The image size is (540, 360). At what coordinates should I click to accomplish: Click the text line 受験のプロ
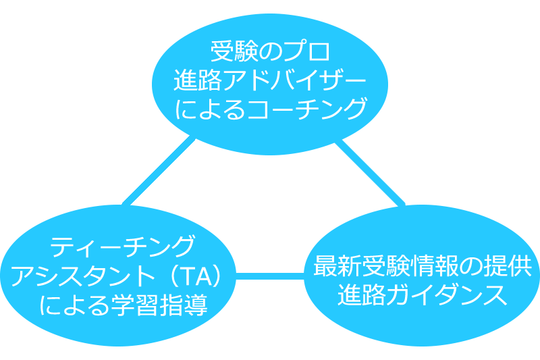coord(271,51)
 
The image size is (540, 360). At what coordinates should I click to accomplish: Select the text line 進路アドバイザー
coord(269,80)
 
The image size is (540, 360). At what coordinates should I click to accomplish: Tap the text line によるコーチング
coord(271,109)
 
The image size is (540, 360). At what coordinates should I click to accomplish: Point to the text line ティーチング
coord(123,247)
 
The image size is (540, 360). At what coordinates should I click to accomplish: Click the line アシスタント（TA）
coord(116,276)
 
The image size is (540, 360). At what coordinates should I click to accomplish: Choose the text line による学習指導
coord(124,305)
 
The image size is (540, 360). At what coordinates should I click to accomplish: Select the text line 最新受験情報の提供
coord(423,266)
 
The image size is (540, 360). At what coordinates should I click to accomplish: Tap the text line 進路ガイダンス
coord(423,294)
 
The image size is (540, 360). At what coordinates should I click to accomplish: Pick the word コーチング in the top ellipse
coord(306,109)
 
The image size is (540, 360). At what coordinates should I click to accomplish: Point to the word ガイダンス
coord(447,294)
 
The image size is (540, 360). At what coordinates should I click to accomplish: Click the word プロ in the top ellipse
coord(306,51)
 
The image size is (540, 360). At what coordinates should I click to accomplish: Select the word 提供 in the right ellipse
coord(508,266)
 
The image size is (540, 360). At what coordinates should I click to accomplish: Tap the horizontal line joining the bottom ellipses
coord(270,276)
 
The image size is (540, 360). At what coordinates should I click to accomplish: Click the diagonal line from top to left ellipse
coord(159,172)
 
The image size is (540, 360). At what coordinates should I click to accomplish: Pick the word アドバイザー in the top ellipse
coord(294,80)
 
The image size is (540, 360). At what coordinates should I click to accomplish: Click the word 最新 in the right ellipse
coord(337,266)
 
